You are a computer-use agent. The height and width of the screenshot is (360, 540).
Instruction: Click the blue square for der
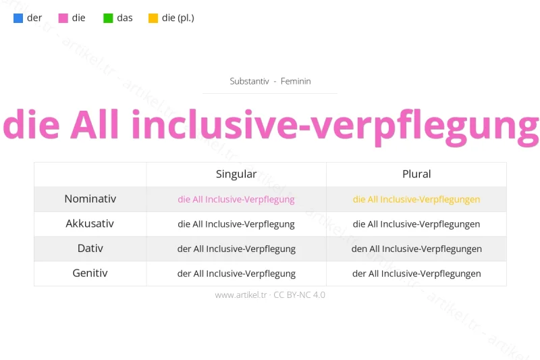(x=18, y=18)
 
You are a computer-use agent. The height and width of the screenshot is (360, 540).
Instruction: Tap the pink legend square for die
(x=63, y=18)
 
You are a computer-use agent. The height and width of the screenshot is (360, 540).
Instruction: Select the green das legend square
(x=108, y=18)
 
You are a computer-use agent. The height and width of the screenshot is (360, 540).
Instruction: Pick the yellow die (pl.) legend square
(x=153, y=18)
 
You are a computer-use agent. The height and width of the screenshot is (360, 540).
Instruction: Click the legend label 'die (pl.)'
(x=178, y=18)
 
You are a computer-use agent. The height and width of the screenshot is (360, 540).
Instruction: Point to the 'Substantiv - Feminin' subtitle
(x=270, y=81)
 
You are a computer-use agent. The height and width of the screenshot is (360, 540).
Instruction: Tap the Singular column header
(x=236, y=174)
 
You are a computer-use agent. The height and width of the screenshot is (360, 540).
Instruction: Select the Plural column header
(x=416, y=174)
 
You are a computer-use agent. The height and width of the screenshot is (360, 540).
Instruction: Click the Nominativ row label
(x=90, y=199)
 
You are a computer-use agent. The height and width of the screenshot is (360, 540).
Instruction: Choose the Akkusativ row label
(x=90, y=224)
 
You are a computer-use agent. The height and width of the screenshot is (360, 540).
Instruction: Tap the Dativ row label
(x=90, y=249)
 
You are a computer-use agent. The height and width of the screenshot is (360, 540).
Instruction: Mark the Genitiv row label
(x=90, y=274)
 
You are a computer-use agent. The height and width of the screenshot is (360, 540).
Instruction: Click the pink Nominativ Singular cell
(x=236, y=199)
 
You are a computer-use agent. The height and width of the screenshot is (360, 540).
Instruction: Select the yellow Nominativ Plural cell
(x=416, y=199)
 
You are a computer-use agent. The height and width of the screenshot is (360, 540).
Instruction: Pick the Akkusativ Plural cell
(x=416, y=224)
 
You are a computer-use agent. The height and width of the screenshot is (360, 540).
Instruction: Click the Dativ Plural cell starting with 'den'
(x=416, y=249)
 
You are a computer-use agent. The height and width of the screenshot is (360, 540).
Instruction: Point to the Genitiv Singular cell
(x=236, y=274)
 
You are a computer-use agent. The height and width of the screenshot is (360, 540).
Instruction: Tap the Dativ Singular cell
(x=236, y=249)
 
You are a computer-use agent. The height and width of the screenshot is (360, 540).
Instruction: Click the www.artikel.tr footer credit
(x=270, y=295)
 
